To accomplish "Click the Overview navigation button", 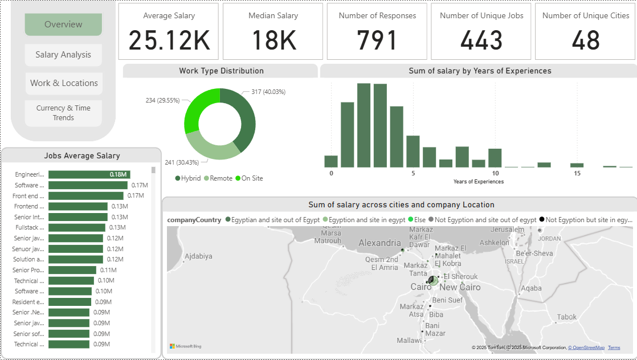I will [x=63, y=24].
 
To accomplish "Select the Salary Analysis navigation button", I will [x=63, y=55].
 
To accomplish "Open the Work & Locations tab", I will [x=64, y=83].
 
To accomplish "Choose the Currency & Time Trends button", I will [x=63, y=113].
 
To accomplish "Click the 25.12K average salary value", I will [x=169, y=40].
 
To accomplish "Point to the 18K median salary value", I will [x=273, y=40].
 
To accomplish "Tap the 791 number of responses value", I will [x=377, y=40].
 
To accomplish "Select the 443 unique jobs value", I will [x=481, y=40].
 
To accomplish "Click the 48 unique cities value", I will [x=586, y=40].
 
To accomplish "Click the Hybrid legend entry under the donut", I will [x=188, y=178].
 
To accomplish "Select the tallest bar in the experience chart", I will [x=364, y=125].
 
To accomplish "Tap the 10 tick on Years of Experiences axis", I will [x=495, y=173].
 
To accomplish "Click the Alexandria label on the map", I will [x=379, y=243].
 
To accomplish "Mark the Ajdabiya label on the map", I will [x=198, y=256].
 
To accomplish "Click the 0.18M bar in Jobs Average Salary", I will [x=89, y=175].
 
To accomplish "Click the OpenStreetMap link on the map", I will [x=589, y=347].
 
